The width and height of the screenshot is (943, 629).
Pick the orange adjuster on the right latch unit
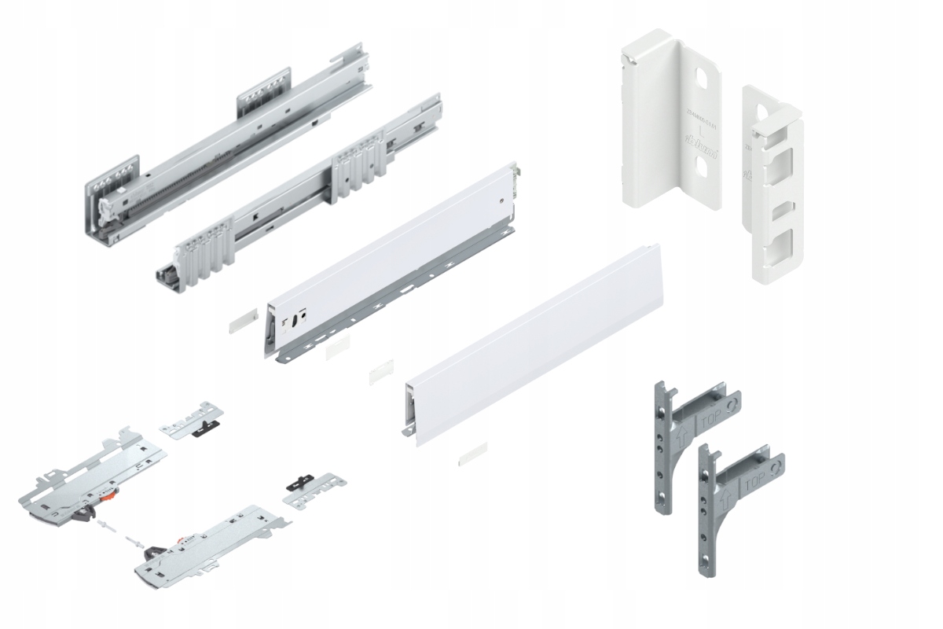coord(183,540)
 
